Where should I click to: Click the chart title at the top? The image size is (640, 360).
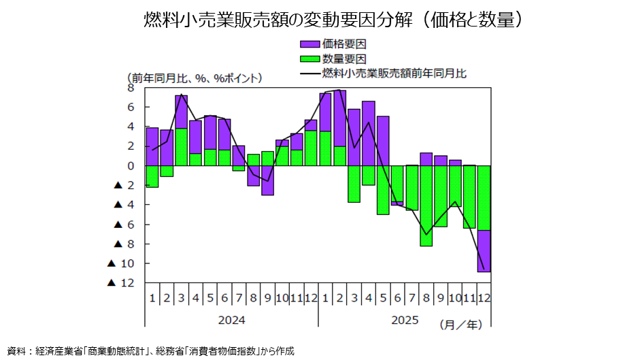click(320, 19)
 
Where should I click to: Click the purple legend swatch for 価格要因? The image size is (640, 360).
click(310, 44)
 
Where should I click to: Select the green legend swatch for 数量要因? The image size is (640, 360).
click(310, 59)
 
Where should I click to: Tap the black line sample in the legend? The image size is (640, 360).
click(310, 73)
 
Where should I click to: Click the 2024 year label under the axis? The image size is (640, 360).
click(231, 319)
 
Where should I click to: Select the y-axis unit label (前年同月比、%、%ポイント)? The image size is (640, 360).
click(194, 78)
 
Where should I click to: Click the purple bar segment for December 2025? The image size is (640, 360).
click(484, 251)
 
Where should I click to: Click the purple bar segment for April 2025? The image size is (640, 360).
click(369, 133)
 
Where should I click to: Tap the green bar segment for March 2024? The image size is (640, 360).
click(181, 147)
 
